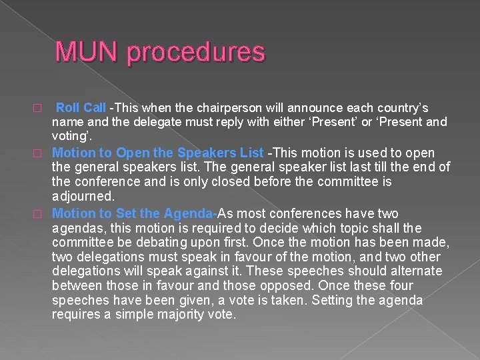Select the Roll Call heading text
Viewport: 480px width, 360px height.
(81, 108)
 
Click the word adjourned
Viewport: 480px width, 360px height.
(83, 197)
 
